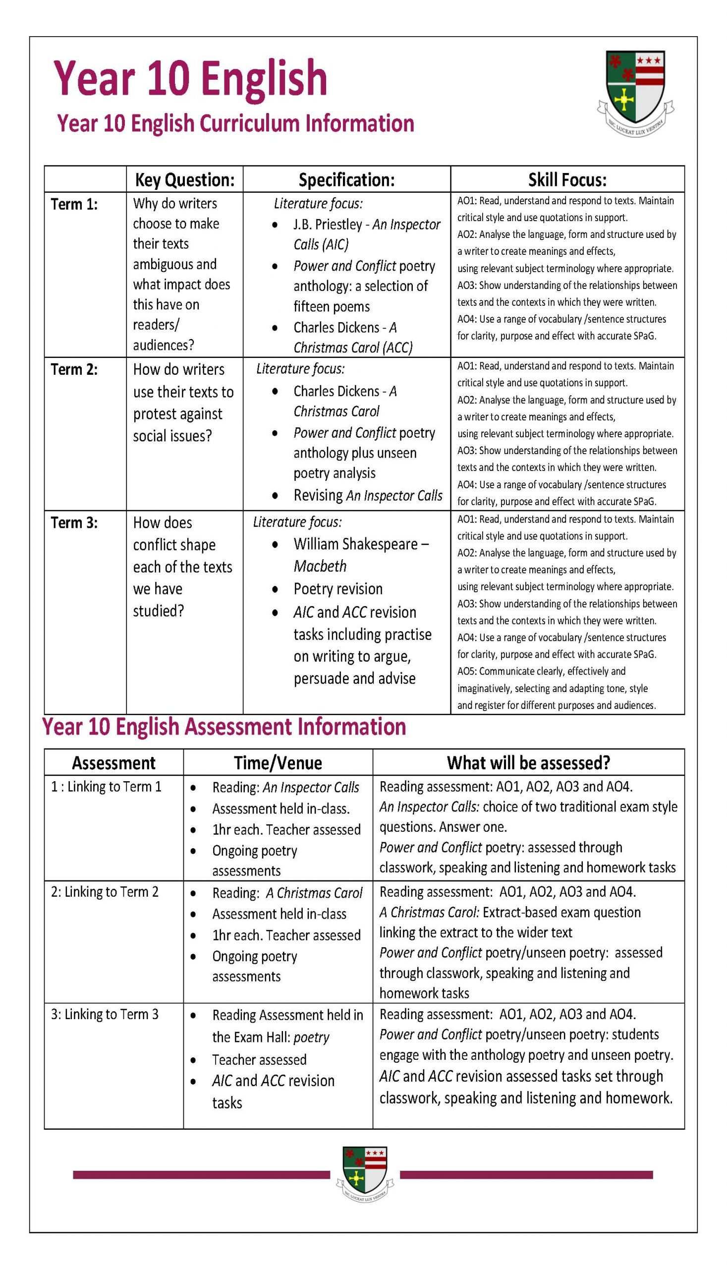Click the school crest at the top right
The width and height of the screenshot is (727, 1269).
pos(635,92)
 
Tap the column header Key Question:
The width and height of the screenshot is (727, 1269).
pos(185,180)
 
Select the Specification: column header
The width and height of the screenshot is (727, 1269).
pos(346,180)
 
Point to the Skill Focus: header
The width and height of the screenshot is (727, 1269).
pos(567,180)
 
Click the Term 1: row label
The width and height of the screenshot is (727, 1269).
pos(74,204)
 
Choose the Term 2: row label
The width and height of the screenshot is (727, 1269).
pos(74,370)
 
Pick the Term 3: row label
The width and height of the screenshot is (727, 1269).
pos(74,522)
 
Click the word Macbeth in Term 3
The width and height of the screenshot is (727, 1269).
pos(320,566)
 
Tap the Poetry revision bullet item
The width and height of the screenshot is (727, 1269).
pos(338,589)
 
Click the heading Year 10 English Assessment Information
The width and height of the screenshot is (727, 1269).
pos(224,727)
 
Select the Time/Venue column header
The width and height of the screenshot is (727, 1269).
pos(278,762)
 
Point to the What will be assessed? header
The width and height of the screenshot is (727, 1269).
pos(528,762)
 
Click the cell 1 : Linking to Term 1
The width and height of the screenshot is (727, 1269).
pos(107,787)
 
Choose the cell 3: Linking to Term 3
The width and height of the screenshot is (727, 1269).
pos(105,1014)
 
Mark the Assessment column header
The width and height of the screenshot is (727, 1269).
pos(114,762)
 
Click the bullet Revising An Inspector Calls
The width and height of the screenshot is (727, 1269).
pos(368,495)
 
